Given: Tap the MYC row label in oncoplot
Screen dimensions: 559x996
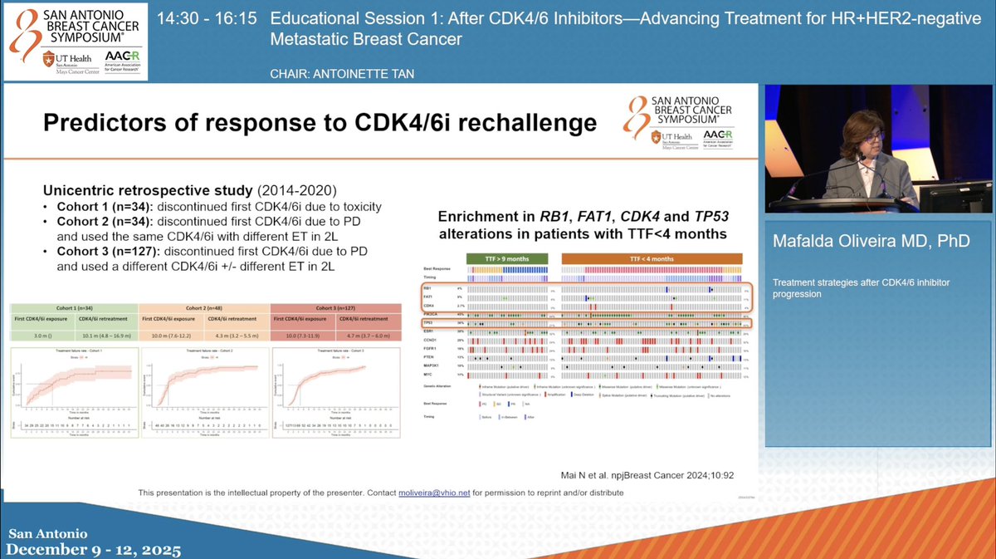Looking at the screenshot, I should point(429,375).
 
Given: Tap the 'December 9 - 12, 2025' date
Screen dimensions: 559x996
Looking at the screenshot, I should point(91,550).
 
